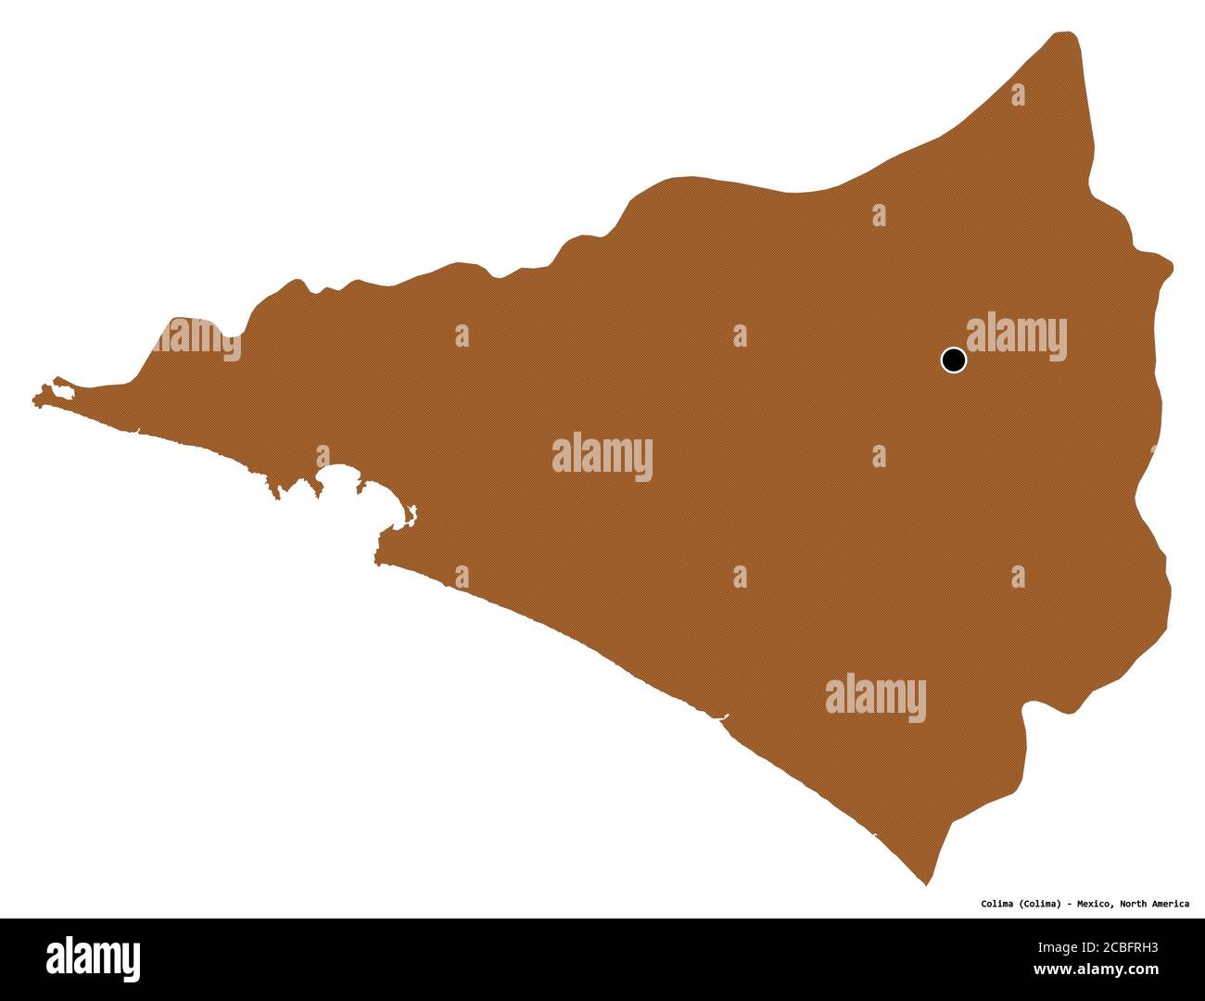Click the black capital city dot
(x=953, y=360)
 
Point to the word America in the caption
(x=1172, y=903)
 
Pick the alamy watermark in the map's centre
(x=602, y=457)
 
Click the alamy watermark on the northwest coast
(x=197, y=341)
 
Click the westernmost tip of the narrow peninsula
(x=34, y=399)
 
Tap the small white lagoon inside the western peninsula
(x=61, y=391)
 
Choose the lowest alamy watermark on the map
(x=875, y=697)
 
